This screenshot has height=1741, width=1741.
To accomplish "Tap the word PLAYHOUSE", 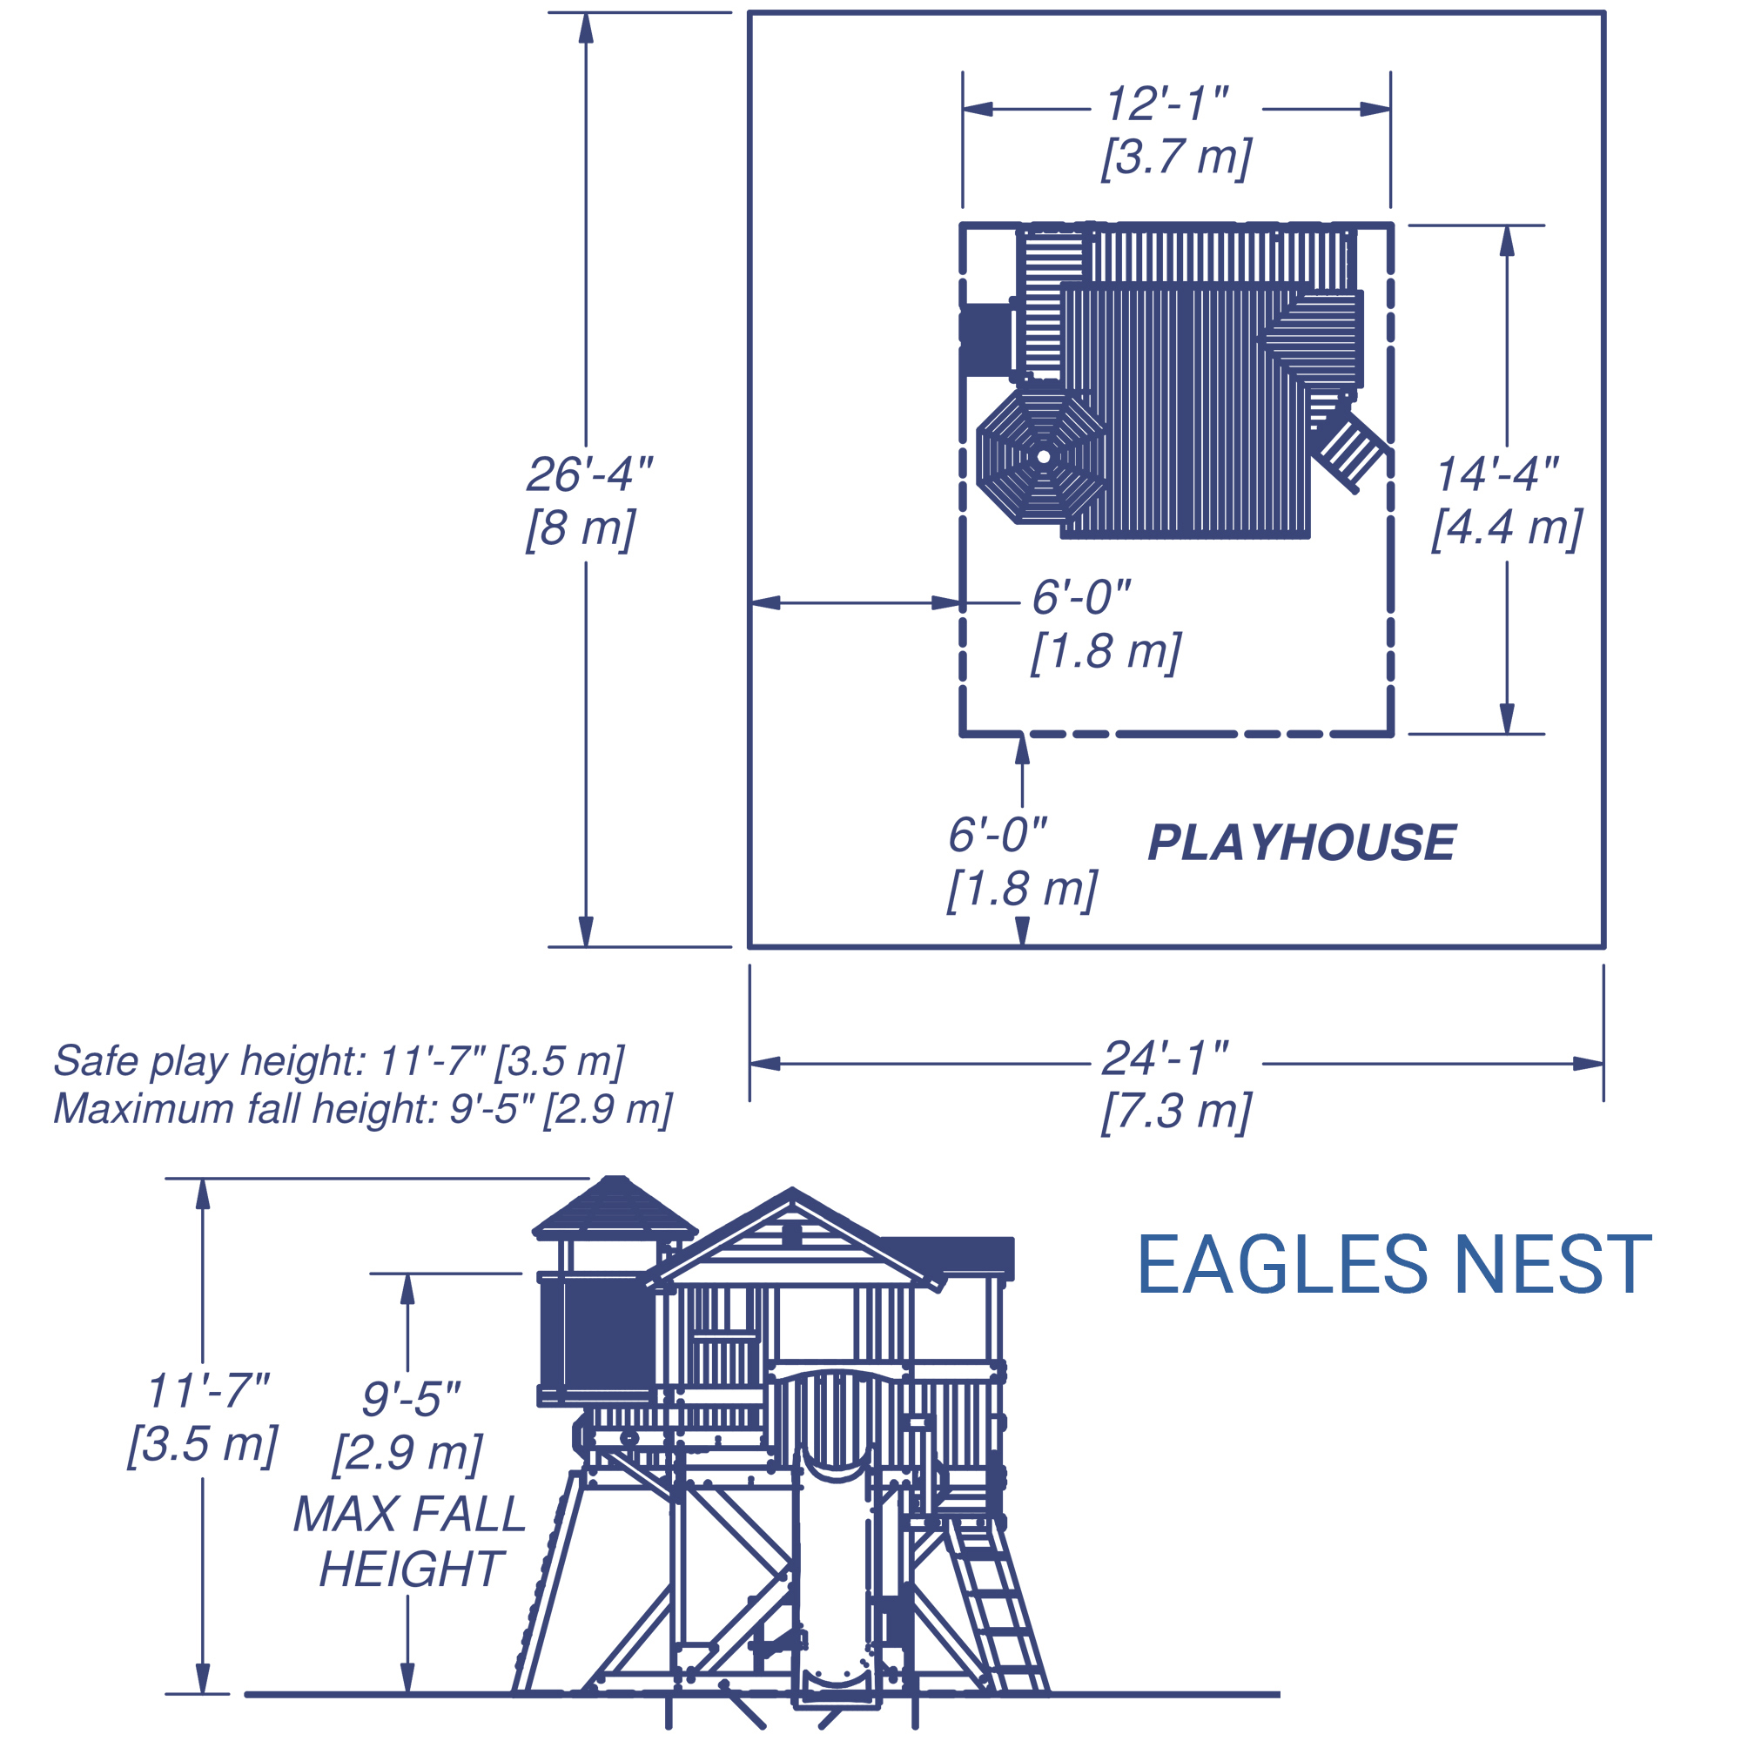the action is point(1301,844).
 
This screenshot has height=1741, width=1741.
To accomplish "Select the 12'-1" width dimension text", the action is point(1167,104).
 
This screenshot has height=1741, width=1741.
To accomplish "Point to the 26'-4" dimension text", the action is point(589,474).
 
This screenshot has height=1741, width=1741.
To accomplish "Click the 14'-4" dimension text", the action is point(1496,474).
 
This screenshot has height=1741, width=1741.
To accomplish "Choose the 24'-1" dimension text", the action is point(1166,1058).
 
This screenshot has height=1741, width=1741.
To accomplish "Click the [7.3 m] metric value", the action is point(1176,1111).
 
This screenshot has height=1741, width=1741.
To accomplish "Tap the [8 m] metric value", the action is point(581,528).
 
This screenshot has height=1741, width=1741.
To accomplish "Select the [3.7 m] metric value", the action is point(1176,157).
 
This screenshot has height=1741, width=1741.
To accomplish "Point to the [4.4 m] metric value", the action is point(1507,528).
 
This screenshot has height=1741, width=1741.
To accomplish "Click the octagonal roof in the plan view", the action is point(1043,456).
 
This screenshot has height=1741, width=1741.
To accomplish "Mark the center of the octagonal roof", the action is point(1043,456).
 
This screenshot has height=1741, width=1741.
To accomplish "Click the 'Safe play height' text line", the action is point(339,1060).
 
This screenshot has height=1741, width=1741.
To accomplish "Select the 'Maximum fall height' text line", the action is point(362,1108).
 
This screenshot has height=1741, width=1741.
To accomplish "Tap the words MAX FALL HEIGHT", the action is point(410,1542).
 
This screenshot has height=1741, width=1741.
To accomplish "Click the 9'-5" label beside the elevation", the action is point(411,1399).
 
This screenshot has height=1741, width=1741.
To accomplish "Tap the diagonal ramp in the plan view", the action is point(1348,451).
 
